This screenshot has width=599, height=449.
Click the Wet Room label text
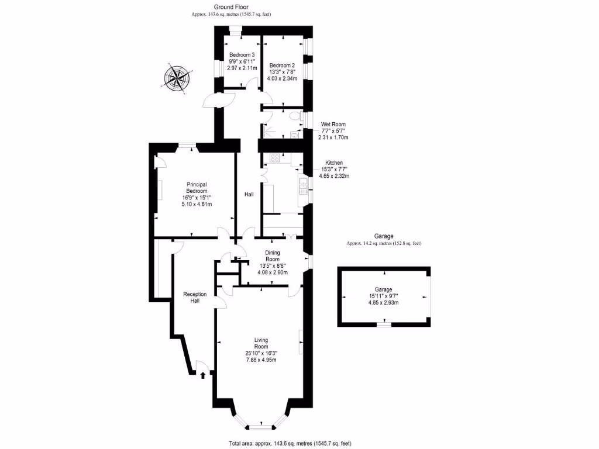tap(333, 125)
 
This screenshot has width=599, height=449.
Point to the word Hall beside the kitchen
tap(249, 194)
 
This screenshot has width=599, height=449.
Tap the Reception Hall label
tap(195, 298)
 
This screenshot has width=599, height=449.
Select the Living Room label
tap(261, 343)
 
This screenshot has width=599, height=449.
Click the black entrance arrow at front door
tap(203, 375)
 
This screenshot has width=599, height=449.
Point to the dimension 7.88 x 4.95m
tap(261, 360)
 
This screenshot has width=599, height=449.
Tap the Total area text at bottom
tap(290, 443)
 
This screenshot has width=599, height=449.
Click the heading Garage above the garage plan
tap(384, 236)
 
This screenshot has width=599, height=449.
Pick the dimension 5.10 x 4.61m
tap(197, 204)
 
